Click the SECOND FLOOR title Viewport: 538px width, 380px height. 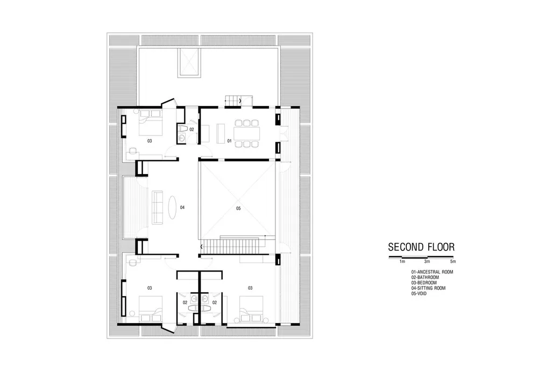[421, 247]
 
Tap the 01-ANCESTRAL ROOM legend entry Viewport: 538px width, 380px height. [432, 272]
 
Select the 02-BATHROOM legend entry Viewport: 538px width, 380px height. [425, 277]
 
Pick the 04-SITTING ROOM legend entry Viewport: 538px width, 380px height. [428, 288]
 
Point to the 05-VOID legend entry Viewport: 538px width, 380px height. [419, 293]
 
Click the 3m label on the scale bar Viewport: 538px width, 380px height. [427, 261]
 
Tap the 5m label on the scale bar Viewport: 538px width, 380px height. [453, 261]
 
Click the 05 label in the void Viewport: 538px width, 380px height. [238, 209]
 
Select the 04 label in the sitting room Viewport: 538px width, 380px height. [182, 207]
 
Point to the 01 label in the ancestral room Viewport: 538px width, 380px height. [229, 141]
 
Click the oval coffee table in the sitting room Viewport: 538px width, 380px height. [172, 207]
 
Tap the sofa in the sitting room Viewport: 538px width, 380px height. [157, 207]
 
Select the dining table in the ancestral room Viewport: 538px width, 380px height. [247, 133]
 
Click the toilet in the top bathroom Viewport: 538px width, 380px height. [182, 129]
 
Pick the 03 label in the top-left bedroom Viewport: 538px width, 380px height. [150, 141]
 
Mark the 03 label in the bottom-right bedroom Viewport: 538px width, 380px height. [250, 288]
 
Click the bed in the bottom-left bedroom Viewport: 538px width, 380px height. [150, 309]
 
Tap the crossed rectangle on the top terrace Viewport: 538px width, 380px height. [188, 62]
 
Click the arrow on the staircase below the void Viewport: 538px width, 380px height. [201, 246]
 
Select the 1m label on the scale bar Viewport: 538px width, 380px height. [402, 261]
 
